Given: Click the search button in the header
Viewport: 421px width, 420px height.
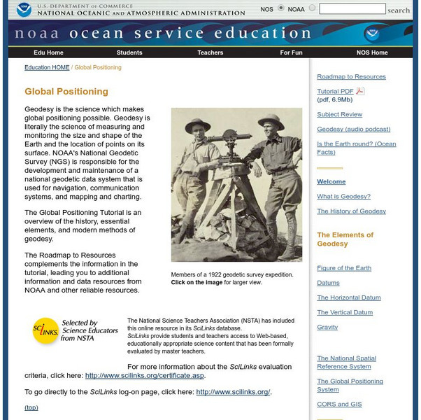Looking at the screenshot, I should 399,10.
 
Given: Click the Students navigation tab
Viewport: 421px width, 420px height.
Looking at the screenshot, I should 129,52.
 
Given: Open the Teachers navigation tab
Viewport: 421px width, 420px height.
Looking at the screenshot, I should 210,52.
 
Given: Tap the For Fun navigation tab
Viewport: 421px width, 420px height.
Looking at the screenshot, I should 291,52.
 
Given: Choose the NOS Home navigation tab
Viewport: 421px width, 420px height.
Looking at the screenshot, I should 372,52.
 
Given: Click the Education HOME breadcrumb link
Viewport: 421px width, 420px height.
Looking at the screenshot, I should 47,68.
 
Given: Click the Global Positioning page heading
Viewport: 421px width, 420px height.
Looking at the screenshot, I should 66,92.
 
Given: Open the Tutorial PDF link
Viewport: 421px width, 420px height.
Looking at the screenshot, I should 335,92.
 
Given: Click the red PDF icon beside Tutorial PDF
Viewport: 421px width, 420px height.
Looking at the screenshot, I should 360,91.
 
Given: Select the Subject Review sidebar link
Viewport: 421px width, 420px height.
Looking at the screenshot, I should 340,114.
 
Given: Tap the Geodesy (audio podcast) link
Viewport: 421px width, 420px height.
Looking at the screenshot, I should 353,129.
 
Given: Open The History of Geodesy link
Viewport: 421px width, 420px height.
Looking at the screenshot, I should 351,211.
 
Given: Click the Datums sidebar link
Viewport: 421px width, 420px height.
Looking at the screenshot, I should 328,283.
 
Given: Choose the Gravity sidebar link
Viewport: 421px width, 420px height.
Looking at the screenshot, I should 327,328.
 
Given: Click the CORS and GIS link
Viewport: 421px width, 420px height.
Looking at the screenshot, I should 338,405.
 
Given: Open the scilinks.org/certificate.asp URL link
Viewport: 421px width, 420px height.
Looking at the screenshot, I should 145,376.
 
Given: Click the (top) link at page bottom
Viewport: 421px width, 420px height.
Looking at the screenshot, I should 31,407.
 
